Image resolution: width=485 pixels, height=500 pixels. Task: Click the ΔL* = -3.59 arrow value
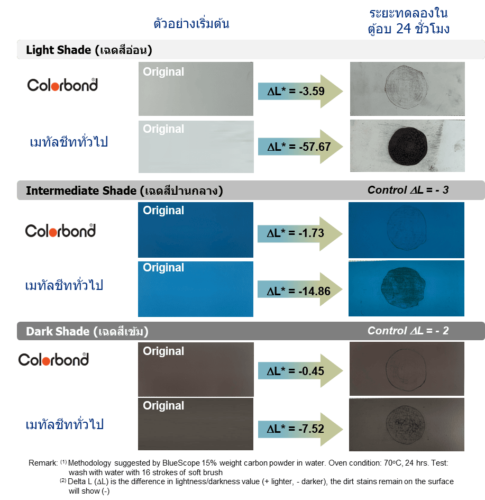[296, 91]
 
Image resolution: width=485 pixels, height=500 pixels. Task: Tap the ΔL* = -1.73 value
[296, 233]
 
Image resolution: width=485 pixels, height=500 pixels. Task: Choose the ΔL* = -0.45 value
[296, 371]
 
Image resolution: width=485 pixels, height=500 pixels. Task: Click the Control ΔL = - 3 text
[408, 189]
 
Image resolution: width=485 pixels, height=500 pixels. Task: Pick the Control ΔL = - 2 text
[408, 331]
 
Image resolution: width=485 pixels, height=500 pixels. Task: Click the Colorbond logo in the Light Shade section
[62, 85]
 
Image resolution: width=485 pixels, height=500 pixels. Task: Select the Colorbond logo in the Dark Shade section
[53, 360]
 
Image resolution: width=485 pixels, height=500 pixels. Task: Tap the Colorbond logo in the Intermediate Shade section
[60, 231]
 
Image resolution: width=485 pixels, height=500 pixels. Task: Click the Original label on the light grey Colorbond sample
[163, 72]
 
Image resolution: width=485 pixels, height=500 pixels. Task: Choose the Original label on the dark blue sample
[163, 211]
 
